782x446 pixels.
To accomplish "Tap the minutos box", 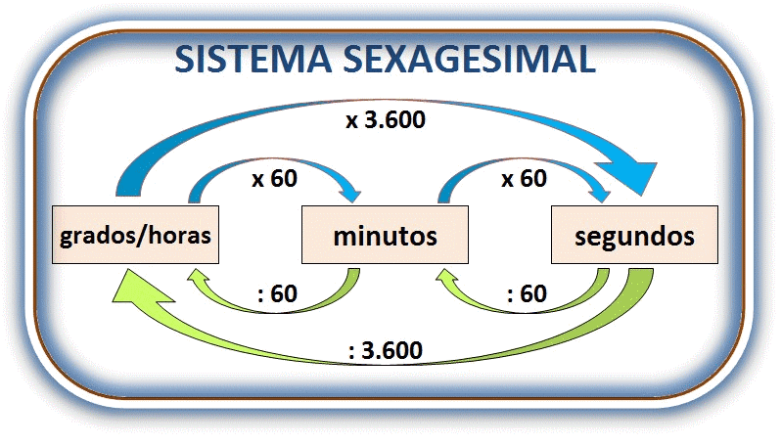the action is (x=384, y=236).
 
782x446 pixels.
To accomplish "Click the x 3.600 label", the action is (x=385, y=122).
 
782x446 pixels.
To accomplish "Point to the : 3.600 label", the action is (x=385, y=350).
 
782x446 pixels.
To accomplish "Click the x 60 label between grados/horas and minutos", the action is (x=275, y=179).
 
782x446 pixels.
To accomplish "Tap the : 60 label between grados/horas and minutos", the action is (x=278, y=294).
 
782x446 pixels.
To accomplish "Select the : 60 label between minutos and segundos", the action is (x=525, y=294).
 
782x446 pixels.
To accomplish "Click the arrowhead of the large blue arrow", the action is (x=635, y=179).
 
